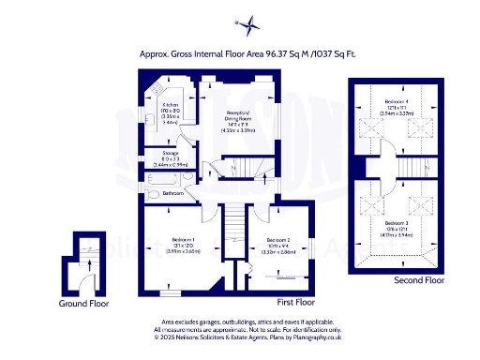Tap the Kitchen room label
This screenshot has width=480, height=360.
point(171,104)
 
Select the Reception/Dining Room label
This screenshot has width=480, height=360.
point(240,115)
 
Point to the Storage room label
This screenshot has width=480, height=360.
point(171,152)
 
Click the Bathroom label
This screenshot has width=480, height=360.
point(173,194)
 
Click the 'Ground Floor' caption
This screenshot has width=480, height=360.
point(84,303)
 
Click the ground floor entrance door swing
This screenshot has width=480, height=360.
point(86,283)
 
